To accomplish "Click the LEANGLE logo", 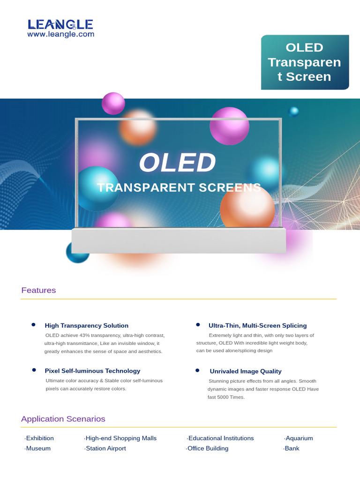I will tap(60, 24).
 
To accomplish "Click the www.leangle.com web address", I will tap(60, 34).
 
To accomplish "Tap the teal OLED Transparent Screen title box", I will tap(305, 62).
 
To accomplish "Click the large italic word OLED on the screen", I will tap(177, 163).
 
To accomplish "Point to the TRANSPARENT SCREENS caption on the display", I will tap(179, 187).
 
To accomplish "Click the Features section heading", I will tap(38, 290).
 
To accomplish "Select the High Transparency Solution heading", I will tap(86, 325).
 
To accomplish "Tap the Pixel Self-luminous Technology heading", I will tap(92, 371).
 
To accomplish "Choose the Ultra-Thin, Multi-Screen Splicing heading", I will tap(257, 325).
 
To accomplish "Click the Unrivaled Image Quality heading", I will tap(246, 371).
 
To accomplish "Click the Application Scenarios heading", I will tap(63, 419).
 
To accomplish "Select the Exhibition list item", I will tap(40, 438).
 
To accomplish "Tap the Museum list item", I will tap(38, 449).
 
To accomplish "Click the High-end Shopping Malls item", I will tap(121, 438).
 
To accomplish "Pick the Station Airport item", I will tap(105, 449).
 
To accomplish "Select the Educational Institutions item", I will tap(221, 438).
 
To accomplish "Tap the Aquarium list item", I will tap(299, 438).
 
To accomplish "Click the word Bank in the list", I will tap(292, 449).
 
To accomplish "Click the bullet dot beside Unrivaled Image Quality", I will tap(198, 370).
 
